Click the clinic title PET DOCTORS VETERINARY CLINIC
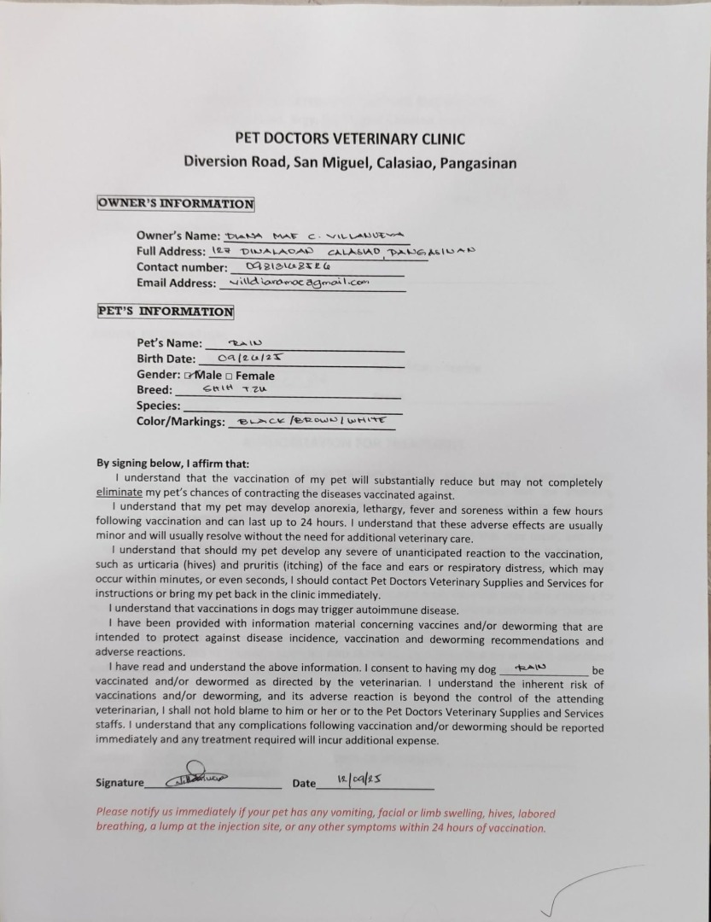tap(350, 138)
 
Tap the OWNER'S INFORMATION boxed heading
tap(176, 204)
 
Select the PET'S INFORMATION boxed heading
tap(166, 312)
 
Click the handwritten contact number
tap(288, 266)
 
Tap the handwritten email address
tap(294, 283)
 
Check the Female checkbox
tap(229, 376)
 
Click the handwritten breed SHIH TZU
tap(235, 389)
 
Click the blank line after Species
tap(290, 407)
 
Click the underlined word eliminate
tap(119, 494)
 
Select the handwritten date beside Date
tap(358, 781)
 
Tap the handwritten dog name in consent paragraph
tap(531, 668)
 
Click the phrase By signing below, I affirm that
tap(172, 464)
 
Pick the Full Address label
tap(170, 251)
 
